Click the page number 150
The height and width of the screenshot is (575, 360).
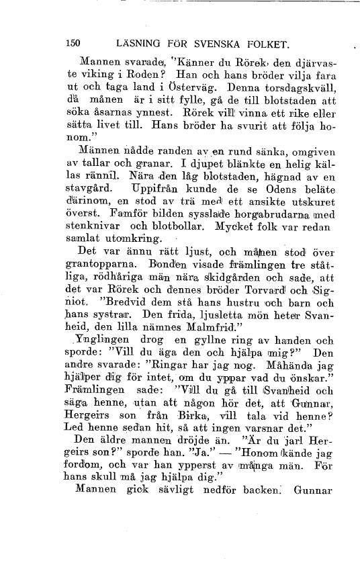pyautogui.click(x=74, y=44)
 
